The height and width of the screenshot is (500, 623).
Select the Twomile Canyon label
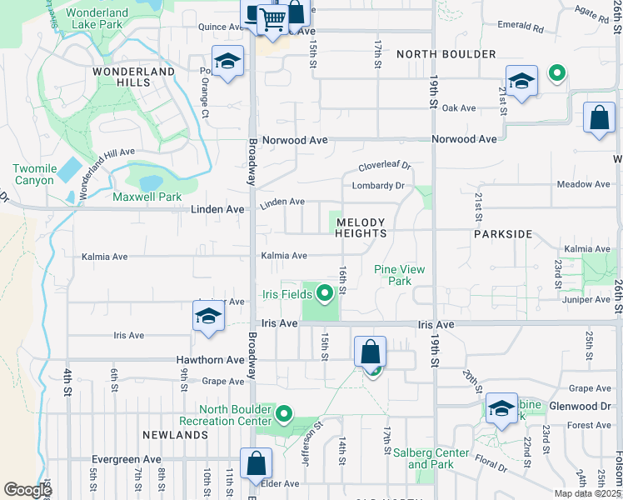pyautogui.click(x=34, y=174)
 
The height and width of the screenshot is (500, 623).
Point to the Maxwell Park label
pyautogui.click(x=147, y=197)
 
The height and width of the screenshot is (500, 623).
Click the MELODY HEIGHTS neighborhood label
pyautogui.click(x=361, y=227)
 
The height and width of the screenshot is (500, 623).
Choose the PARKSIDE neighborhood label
pyautogui.click(x=503, y=234)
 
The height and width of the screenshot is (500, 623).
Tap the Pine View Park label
pyautogui.click(x=400, y=275)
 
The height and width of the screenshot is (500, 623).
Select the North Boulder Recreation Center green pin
pyautogui.click(x=284, y=412)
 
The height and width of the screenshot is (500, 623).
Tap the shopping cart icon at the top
pyautogui.click(x=272, y=20)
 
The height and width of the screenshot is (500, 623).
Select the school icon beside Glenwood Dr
pyautogui.click(x=501, y=408)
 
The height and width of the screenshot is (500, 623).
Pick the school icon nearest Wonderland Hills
pyautogui.click(x=227, y=62)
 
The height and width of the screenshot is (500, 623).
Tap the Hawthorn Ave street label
pyautogui.click(x=210, y=360)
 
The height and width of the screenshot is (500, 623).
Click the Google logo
pyautogui.click(x=27, y=490)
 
